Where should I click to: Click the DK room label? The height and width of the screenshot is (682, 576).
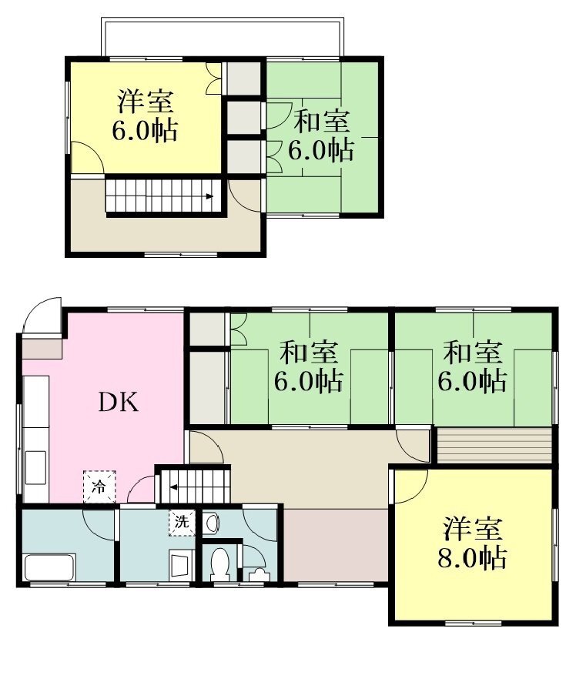click(x=119, y=403)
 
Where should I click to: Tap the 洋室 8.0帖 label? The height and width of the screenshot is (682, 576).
click(x=472, y=543)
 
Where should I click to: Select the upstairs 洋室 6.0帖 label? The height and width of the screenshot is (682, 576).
click(x=145, y=115)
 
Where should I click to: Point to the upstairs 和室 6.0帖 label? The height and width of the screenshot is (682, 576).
click(x=321, y=135)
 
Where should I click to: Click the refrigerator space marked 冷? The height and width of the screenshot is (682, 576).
click(x=99, y=486)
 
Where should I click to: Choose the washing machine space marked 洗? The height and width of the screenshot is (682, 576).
click(x=182, y=522)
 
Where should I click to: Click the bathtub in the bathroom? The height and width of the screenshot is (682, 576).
click(x=49, y=567)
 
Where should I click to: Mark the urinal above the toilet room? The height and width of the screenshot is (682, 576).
click(x=212, y=523)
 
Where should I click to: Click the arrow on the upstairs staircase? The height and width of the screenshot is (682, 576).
click(x=209, y=196)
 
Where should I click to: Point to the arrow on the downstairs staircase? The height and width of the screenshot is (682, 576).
click(x=173, y=486)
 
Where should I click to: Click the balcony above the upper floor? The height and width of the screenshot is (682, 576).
click(x=223, y=38)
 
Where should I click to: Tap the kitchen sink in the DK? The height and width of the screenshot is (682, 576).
click(x=36, y=468)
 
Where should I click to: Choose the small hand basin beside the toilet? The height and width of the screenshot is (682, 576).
click(x=259, y=574)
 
